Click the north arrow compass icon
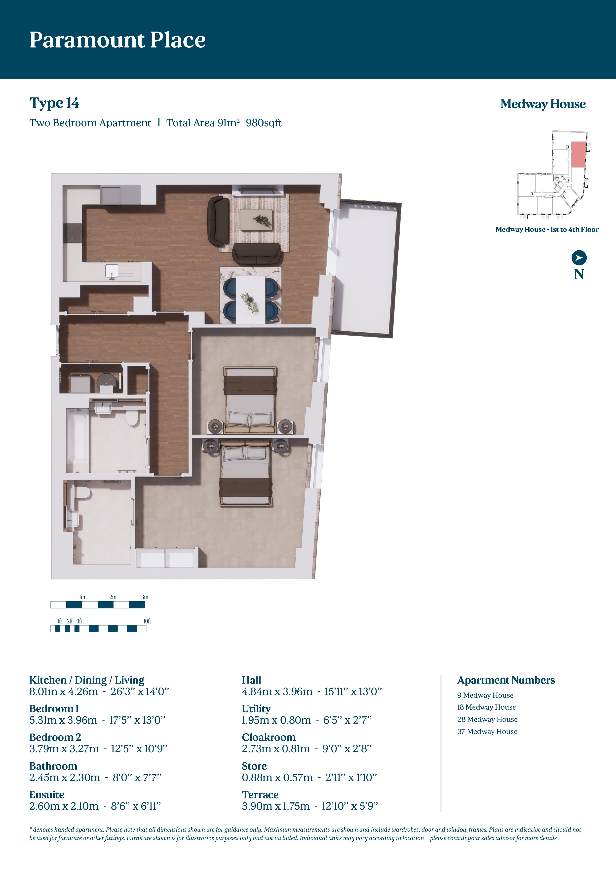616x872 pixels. point(579,258)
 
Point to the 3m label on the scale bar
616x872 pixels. point(145,597)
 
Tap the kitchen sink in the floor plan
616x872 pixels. point(112,271)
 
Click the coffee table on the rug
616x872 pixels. point(256,219)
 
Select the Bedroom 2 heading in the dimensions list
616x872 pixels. point(55,737)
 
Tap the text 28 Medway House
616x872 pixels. point(487,719)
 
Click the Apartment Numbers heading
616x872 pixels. point(506,680)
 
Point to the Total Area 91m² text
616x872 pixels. point(203,123)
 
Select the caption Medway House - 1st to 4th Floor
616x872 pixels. point(547,229)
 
